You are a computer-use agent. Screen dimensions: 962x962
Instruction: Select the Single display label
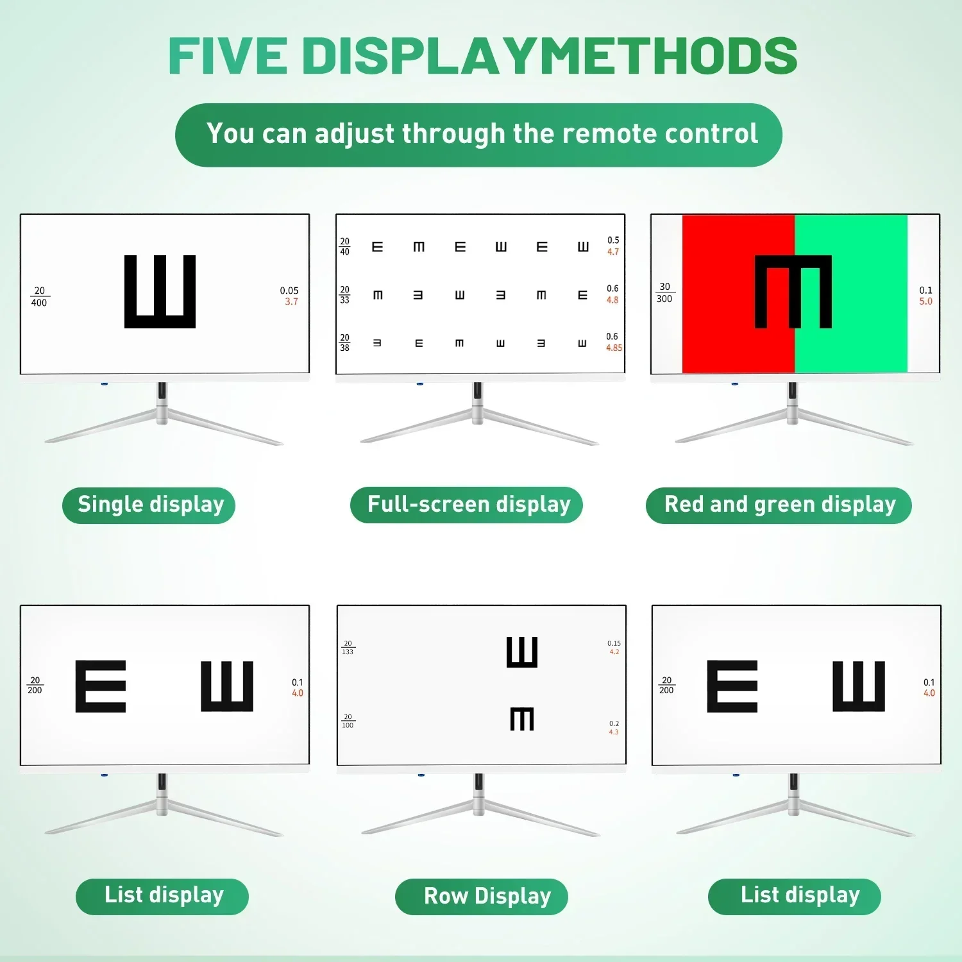pyautogui.click(x=151, y=505)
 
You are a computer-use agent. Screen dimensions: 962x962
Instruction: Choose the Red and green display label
pyautogui.click(x=780, y=504)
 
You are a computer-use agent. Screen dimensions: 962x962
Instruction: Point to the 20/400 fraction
pyautogui.click(x=39, y=296)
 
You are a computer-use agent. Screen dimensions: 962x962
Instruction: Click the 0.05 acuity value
pyautogui.click(x=289, y=291)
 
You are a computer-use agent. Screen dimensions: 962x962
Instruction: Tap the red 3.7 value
pyautogui.click(x=292, y=301)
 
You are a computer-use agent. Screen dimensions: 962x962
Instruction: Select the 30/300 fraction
pyautogui.click(x=664, y=292)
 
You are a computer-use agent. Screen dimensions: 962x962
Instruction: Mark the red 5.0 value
pyautogui.click(x=926, y=301)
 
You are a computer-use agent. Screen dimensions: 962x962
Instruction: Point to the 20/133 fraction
pyautogui.click(x=348, y=648)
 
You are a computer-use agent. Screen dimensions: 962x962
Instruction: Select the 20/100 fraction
pyautogui.click(x=348, y=721)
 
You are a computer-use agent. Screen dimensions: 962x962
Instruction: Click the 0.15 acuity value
pyautogui.click(x=614, y=643)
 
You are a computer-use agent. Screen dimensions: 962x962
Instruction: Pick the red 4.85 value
pyautogui.click(x=614, y=348)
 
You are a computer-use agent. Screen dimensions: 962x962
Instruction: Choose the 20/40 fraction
pyautogui.click(x=345, y=246)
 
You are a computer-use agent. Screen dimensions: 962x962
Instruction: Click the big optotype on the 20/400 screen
pyautogui.click(x=160, y=292)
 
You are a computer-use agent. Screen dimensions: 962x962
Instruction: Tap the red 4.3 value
pyautogui.click(x=614, y=732)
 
